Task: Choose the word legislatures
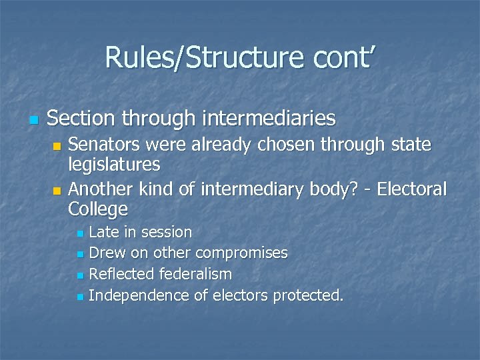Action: (x=114, y=165)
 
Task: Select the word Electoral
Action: (x=411, y=189)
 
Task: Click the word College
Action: (x=98, y=209)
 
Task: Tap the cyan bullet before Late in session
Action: (x=79, y=233)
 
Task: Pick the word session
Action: (x=168, y=232)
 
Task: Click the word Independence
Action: (x=139, y=295)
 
